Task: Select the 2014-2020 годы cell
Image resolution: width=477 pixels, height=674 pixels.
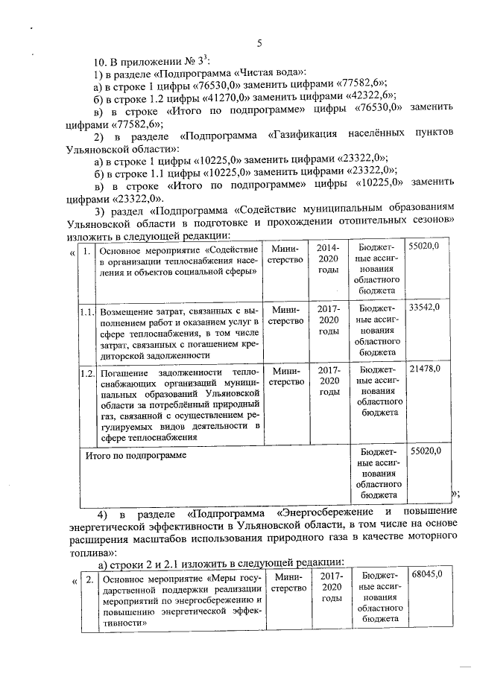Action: click(x=328, y=259)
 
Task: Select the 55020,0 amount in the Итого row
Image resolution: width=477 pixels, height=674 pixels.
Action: click(x=425, y=451)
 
